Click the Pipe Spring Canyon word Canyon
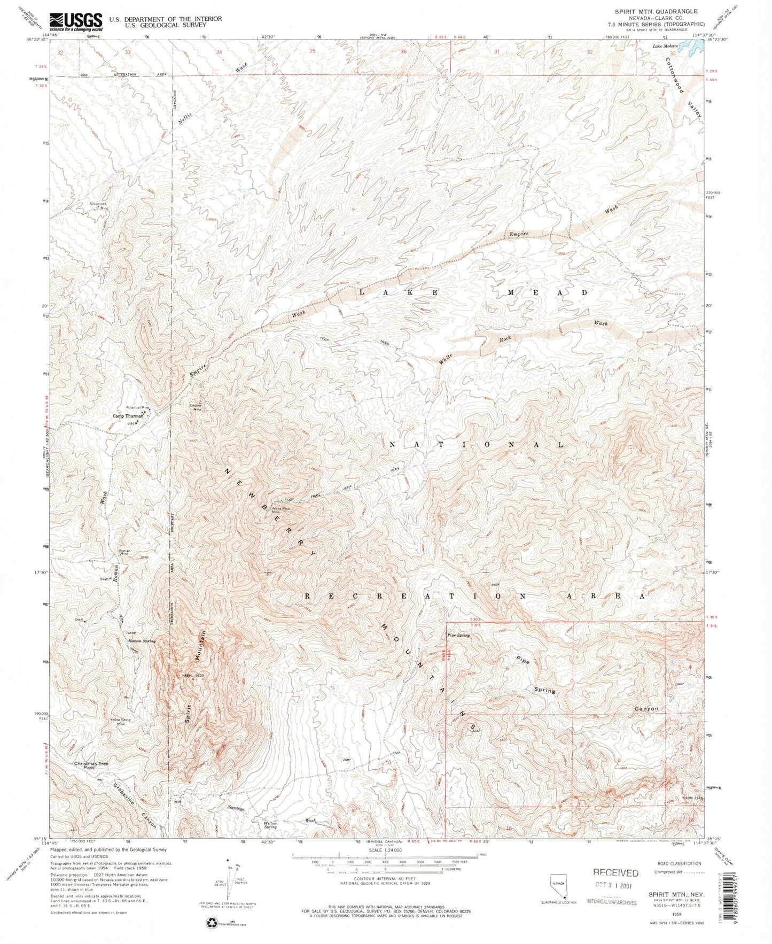pyautogui.click(x=646, y=709)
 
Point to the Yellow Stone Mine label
pyautogui.click(x=120, y=721)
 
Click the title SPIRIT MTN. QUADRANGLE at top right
pyautogui.click(x=656, y=11)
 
